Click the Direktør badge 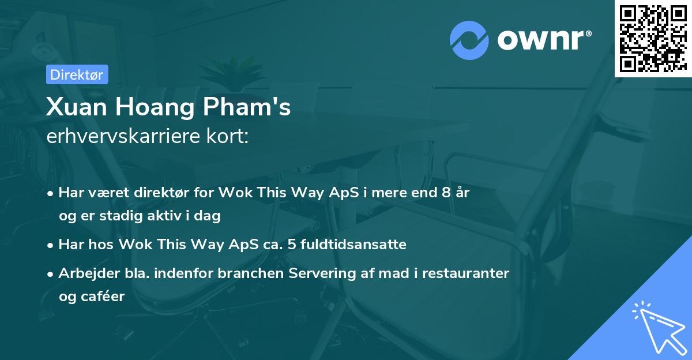coord(77,74)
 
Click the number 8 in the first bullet coord(446,193)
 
